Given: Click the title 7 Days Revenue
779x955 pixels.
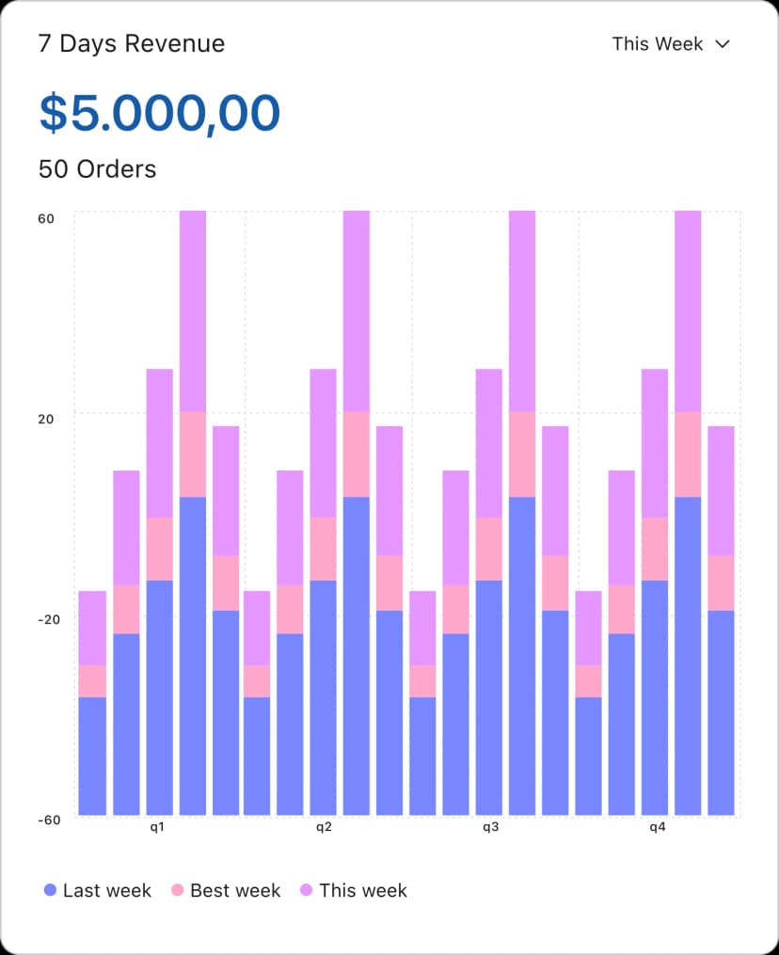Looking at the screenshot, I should point(132,43).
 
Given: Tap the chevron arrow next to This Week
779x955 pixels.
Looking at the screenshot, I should point(723,43).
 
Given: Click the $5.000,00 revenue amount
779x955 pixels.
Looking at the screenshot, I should point(159,112).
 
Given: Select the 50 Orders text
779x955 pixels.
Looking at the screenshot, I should point(97,169).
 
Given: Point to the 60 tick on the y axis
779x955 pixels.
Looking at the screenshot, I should point(46,218).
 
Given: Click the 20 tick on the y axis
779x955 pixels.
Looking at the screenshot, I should point(46,418).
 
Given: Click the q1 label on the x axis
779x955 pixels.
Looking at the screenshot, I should point(158,828).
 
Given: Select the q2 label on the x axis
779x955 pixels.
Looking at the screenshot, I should point(324,828).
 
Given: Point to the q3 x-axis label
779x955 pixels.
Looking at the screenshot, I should point(491,828).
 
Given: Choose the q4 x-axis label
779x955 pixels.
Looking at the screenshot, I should point(658,828).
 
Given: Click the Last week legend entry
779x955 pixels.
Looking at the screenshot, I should point(106,890).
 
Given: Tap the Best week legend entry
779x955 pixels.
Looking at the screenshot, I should point(235,890).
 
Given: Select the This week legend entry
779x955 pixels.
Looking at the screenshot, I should point(362,890).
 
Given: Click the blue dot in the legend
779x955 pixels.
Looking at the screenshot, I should point(51,890).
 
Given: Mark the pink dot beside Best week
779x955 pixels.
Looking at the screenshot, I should point(178,890).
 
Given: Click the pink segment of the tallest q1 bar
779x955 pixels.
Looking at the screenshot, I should point(193,454).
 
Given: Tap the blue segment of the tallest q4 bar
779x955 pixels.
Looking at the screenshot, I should point(689,655).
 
